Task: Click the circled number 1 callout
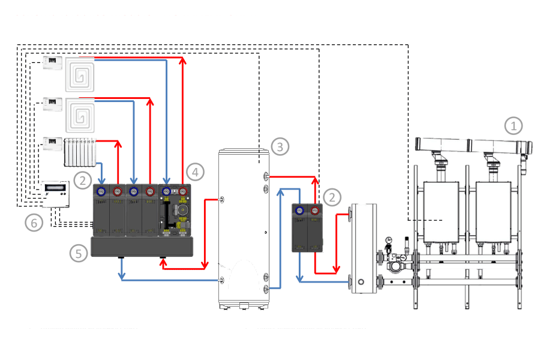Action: point(513,126)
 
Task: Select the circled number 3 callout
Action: point(280,146)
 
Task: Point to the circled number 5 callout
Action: point(77,253)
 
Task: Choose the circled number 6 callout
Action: point(34,223)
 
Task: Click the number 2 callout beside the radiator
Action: point(83,178)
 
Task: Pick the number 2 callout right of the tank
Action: point(331,196)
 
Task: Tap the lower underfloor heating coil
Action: point(80,114)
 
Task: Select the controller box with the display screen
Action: point(55,193)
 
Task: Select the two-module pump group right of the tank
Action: point(307,228)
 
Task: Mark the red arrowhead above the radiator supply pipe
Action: point(119,144)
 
